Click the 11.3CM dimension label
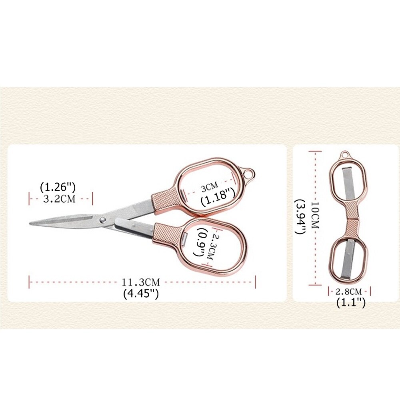140,282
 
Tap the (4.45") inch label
141,294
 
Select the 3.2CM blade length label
60,199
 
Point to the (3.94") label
300,216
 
